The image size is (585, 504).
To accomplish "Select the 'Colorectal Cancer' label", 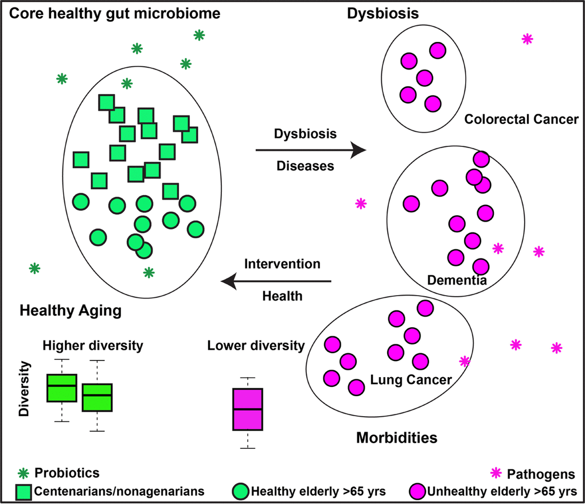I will (521, 119).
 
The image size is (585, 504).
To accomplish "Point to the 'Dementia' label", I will (457, 280).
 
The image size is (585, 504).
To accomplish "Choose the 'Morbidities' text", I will (397, 437).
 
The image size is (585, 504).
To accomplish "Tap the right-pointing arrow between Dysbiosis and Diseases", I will (310, 150).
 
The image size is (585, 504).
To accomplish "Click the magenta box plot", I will (248, 409).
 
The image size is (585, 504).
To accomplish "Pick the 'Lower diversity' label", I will (256, 346).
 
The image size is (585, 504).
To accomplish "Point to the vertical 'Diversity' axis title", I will (24, 389).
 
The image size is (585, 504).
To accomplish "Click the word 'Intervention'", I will (282, 264).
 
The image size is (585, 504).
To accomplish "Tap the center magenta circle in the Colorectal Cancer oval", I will (424, 77).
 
